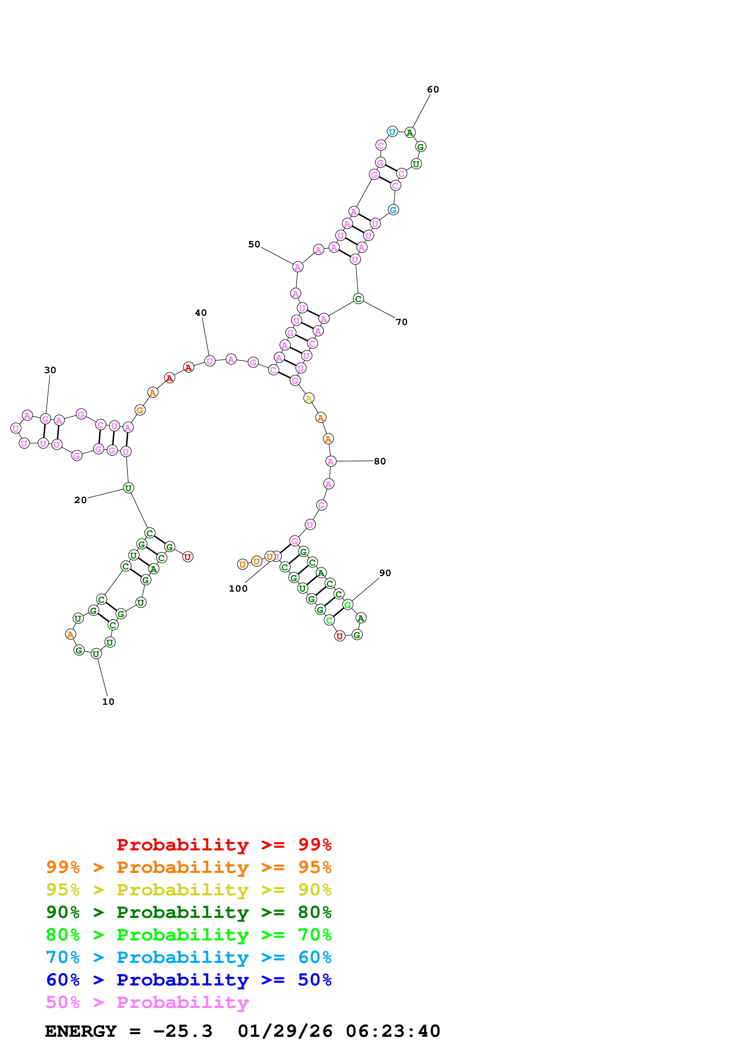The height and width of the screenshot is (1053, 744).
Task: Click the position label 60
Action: point(433,89)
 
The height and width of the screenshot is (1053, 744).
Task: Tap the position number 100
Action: point(238,588)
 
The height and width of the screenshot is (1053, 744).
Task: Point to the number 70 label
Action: point(402,322)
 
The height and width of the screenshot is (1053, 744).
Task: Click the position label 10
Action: point(108,702)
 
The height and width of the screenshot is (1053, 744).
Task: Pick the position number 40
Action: point(201,313)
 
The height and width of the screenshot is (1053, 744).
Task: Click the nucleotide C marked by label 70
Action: point(358,299)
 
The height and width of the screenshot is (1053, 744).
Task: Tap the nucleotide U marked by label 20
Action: point(128,488)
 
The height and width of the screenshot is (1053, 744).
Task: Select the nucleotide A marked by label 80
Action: point(330,461)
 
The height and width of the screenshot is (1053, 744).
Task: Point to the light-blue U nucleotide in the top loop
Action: point(392,132)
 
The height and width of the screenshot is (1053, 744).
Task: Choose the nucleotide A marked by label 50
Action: point(297,267)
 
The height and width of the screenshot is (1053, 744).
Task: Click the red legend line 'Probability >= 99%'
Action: point(224,844)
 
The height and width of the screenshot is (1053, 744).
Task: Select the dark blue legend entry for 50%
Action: point(188,980)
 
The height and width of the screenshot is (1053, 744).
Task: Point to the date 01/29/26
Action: point(285,1031)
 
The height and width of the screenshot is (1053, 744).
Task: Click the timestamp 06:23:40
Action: point(393,1031)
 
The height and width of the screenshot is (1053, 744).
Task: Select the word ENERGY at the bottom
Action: point(81,1031)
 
